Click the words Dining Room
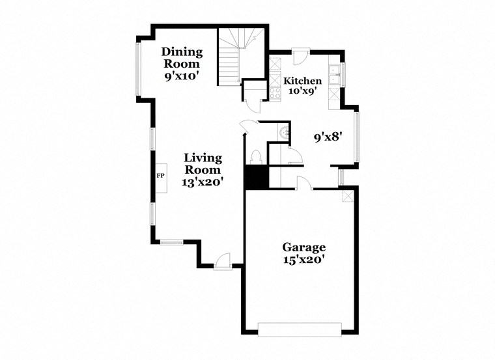(182, 58)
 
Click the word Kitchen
(302, 81)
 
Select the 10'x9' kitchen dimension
(302, 91)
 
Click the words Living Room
(203, 163)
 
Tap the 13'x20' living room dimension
(203, 182)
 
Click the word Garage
(304, 247)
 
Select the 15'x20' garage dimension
(304, 259)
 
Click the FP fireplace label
(160, 176)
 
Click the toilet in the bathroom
(256, 157)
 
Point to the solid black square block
(257, 176)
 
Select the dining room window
(137, 68)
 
